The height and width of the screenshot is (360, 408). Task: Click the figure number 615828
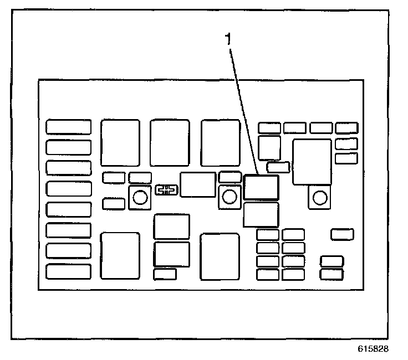[x=373, y=349]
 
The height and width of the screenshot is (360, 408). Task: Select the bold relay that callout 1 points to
[x=261, y=187]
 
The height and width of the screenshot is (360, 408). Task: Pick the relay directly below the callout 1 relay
[x=261, y=214]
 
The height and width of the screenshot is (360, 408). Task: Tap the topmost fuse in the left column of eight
[x=68, y=127]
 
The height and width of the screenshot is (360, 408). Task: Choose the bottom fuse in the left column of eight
[x=68, y=271]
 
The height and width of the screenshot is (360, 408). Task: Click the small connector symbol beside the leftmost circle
[x=166, y=191]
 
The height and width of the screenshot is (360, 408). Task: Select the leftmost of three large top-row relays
[x=120, y=142]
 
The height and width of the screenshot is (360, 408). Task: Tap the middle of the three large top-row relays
[x=169, y=142]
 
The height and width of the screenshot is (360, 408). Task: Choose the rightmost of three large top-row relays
[x=220, y=142]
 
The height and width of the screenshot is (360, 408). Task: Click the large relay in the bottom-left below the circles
[x=120, y=255]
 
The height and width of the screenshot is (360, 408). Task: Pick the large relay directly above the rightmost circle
[x=312, y=161]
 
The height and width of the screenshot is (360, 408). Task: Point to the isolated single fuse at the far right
[x=342, y=234]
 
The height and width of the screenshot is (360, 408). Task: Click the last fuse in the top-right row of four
[x=346, y=128]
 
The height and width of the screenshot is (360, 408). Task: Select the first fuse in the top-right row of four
[x=269, y=128]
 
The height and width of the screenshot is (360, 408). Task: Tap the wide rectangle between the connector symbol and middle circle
[x=197, y=184]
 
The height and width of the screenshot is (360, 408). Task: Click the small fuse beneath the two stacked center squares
[x=165, y=274]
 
